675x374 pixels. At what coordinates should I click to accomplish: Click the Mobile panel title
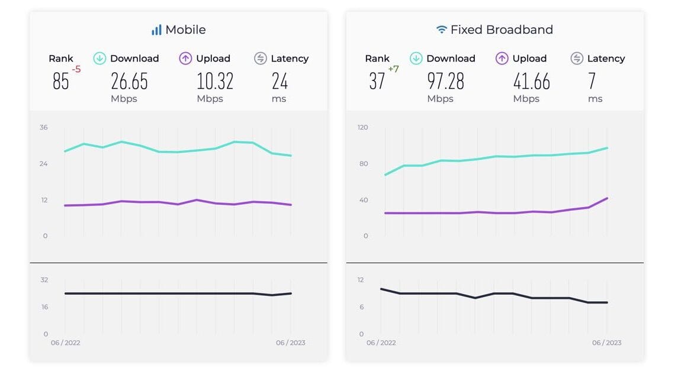click(x=185, y=30)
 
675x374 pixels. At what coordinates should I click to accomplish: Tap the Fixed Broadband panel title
click(x=502, y=30)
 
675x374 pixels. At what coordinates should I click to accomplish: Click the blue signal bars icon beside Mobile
click(x=156, y=30)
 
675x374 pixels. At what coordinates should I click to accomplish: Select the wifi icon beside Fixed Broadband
click(x=442, y=30)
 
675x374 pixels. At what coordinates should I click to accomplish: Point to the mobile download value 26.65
click(x=129, y=81)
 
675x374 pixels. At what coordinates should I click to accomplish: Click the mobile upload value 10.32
click(x=215, y=81)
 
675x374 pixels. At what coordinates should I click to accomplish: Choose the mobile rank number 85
click(x=61, y=82)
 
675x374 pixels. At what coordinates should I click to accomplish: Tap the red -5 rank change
click(x=76, y=70)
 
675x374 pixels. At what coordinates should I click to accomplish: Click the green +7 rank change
click(x=393, y=70)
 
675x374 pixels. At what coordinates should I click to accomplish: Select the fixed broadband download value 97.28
click(x=445, y=81)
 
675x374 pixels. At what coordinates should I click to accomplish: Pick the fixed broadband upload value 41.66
click(x=531, y=81)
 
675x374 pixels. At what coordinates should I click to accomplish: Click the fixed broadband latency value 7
click(x=592, y=81)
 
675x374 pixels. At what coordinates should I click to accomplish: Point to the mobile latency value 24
click(x=279, y=81)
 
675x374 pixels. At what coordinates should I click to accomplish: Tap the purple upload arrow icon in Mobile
click(x=186, y=59)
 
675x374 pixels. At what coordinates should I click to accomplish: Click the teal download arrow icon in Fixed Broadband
click(x=416, y=59)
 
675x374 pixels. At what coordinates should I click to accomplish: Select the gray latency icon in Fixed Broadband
click(x=577, y=59)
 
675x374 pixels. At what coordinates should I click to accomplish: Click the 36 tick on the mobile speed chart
click(x=44, y=127)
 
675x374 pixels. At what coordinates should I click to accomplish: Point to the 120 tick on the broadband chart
click(x=362, y=127)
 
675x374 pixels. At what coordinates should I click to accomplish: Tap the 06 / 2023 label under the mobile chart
click(x=291, y=343)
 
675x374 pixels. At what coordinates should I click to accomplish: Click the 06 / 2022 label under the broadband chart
click(x=381, y=343)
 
